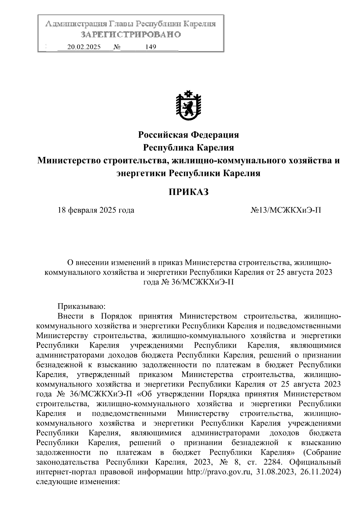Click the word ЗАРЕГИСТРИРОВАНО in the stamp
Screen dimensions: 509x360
click(131, 35)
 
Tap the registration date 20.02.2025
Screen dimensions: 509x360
click(84, 47)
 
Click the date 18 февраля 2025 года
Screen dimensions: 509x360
click(96, 210)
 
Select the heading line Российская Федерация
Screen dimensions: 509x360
click(188, 135)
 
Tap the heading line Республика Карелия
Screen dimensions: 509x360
click(188, 148)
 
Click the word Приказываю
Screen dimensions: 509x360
click(81, 306)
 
